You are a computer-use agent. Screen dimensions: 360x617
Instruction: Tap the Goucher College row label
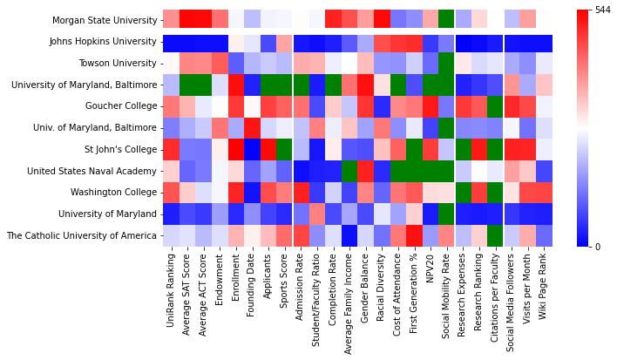tap(121, 106)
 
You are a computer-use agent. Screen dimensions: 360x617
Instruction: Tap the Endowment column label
tap(220, 279)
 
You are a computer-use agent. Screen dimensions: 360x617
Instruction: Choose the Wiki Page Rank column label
tap(544, 287)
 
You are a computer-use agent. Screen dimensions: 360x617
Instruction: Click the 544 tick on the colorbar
tap(600, 10)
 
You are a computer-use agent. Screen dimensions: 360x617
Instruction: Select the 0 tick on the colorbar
tap(597, 247)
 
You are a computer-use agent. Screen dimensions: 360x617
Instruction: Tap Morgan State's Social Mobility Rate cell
tap(446, 20)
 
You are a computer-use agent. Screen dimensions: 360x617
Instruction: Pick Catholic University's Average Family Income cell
tap(349, 235)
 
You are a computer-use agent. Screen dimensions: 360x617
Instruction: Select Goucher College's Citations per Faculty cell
tap(495, 106)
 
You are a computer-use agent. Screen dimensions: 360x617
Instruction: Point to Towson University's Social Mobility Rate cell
tap(446, 63)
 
